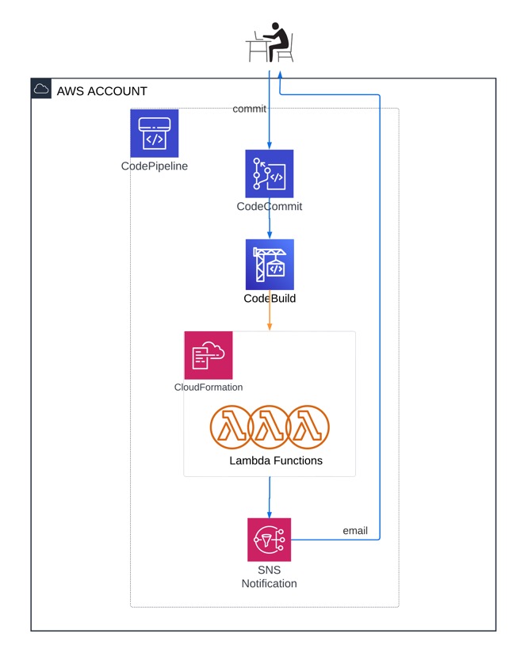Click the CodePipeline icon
[154, 133]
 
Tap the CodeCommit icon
[270, 174]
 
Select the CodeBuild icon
[270, 265]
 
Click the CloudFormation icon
[209, 355]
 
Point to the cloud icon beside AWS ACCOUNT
[41, 89]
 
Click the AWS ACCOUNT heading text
[101, 91]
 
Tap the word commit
[249, 109]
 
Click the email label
[354, 530]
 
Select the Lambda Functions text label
[276, 460]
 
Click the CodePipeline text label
[155, 166]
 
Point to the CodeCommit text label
[270, 207]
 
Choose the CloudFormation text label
[209, 387]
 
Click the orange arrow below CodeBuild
[270, 319]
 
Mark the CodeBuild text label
[270, 299]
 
